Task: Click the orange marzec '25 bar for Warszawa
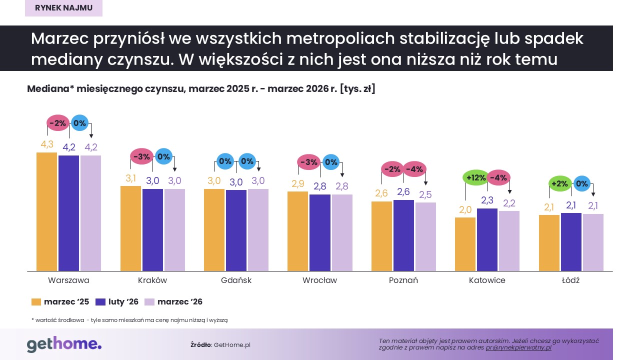coord(47,212)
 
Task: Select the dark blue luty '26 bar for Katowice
coord(487,240)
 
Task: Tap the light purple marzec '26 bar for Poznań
coord(425,237)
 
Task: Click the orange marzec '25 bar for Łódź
coord(549,243)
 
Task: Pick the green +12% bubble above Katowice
coord(475,177)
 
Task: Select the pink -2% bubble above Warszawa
coord(57,123)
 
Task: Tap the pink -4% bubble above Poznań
coord(414,169)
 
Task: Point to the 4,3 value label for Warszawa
coord(47,144)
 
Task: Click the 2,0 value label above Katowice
coord(465,209)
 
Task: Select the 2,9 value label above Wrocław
coord(297,183)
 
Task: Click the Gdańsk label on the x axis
coord(236,280)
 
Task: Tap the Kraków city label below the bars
coord(152,280)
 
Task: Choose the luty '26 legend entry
coord(117,302)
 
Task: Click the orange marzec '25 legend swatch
coord(36,302)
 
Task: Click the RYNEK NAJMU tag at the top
coord(63,7)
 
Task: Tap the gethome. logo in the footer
coord(64,344)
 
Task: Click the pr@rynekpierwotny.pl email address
coord(518,347)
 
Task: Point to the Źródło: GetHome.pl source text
coord(220,345)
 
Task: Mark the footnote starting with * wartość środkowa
coord(129,320)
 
